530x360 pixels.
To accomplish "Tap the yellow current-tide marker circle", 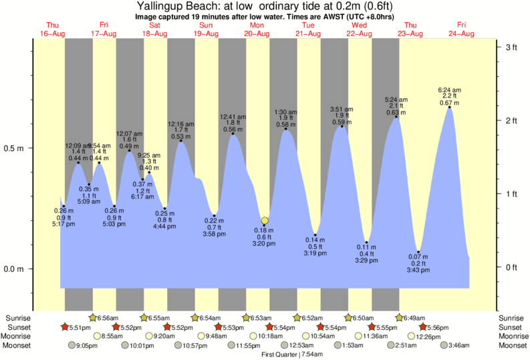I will pos(265,220).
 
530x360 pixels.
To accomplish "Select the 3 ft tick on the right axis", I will pos(513,47).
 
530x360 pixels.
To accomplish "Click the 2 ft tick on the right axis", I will pos(513,120).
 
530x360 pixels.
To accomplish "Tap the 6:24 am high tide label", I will pos(449,89).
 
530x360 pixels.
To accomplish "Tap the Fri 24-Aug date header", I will pos(462,29).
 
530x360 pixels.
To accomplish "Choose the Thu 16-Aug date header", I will pos(53,29).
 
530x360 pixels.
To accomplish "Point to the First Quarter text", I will pos(280,354).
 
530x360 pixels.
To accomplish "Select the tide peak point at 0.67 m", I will pos(449,107).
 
